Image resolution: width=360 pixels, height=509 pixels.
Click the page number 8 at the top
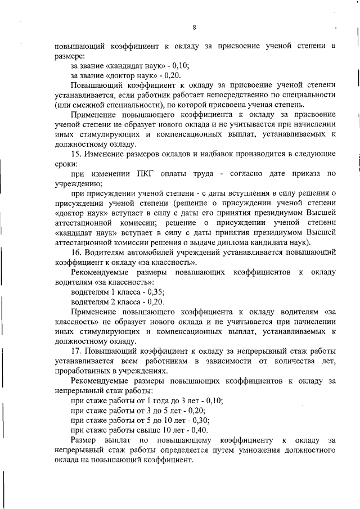pyautogui.click(x=193, y=27)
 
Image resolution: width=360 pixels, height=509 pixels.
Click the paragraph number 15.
pyautogui.click(x=76, y=154)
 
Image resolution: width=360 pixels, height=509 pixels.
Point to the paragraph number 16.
pyautogui.click(x=76, y=253)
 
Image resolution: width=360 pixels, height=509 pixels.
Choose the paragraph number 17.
pyautogui.click(x=76, y=352)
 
